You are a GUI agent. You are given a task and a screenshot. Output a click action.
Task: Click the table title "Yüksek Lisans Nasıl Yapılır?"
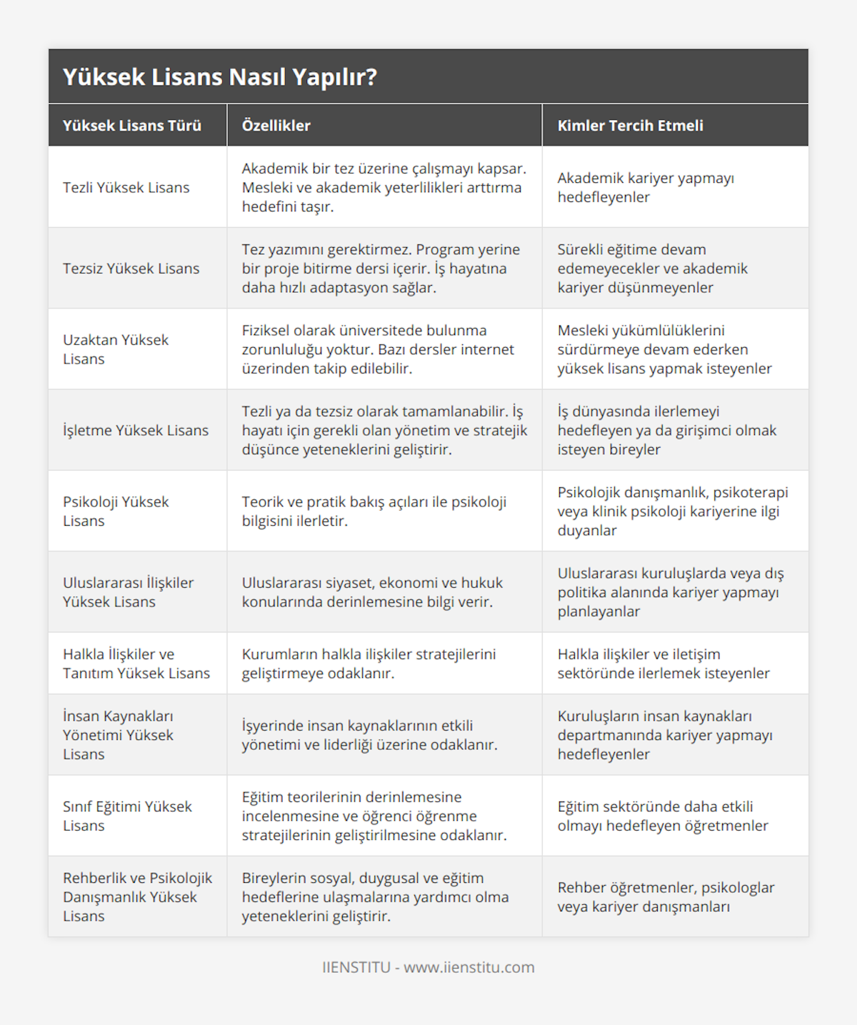tap(220, 77)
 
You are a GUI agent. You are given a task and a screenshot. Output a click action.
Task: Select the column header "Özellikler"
tap(276, 126)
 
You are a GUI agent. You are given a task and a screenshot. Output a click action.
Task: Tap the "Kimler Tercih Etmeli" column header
tap(630, 126)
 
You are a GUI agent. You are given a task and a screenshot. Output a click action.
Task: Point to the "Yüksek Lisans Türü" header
tap(132, 126)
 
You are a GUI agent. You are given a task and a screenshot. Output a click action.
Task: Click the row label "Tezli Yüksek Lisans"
tap(126, 188)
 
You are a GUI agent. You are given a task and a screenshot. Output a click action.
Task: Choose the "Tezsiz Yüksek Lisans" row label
tap(131, 269)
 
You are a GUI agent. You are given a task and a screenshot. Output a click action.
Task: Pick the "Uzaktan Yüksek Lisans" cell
tap(116, 349)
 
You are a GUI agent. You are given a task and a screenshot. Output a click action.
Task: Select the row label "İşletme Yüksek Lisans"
tap(136, 430)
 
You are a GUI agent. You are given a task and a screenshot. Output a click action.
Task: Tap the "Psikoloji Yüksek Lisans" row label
tap(116, 511)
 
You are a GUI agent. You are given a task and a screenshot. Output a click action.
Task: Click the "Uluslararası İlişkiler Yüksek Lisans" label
tap(128, 592)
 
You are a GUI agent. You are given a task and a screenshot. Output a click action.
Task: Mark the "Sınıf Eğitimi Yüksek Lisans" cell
tap(127, 816)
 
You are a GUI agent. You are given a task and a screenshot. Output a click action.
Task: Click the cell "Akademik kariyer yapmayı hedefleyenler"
tap(646, 188)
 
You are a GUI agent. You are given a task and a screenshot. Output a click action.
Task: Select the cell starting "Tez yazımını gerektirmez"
tap(381, 269)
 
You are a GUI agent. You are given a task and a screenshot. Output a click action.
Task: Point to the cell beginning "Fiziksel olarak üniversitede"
tap(378, 349)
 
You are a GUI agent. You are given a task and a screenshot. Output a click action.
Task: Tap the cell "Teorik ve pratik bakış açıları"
tap(374, 511)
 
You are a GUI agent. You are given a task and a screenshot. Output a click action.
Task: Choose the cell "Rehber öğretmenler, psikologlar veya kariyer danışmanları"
tap(666, 897)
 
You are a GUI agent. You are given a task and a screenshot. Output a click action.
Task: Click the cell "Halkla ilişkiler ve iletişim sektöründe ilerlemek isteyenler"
tap(663, 664)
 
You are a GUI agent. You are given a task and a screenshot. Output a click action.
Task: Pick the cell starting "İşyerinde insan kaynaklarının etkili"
tap(369, 735)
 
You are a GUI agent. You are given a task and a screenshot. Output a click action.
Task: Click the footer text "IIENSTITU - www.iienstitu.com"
tap(428, 967)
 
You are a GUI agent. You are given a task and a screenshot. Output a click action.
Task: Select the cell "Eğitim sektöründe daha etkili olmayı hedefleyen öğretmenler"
tap(663, 816)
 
